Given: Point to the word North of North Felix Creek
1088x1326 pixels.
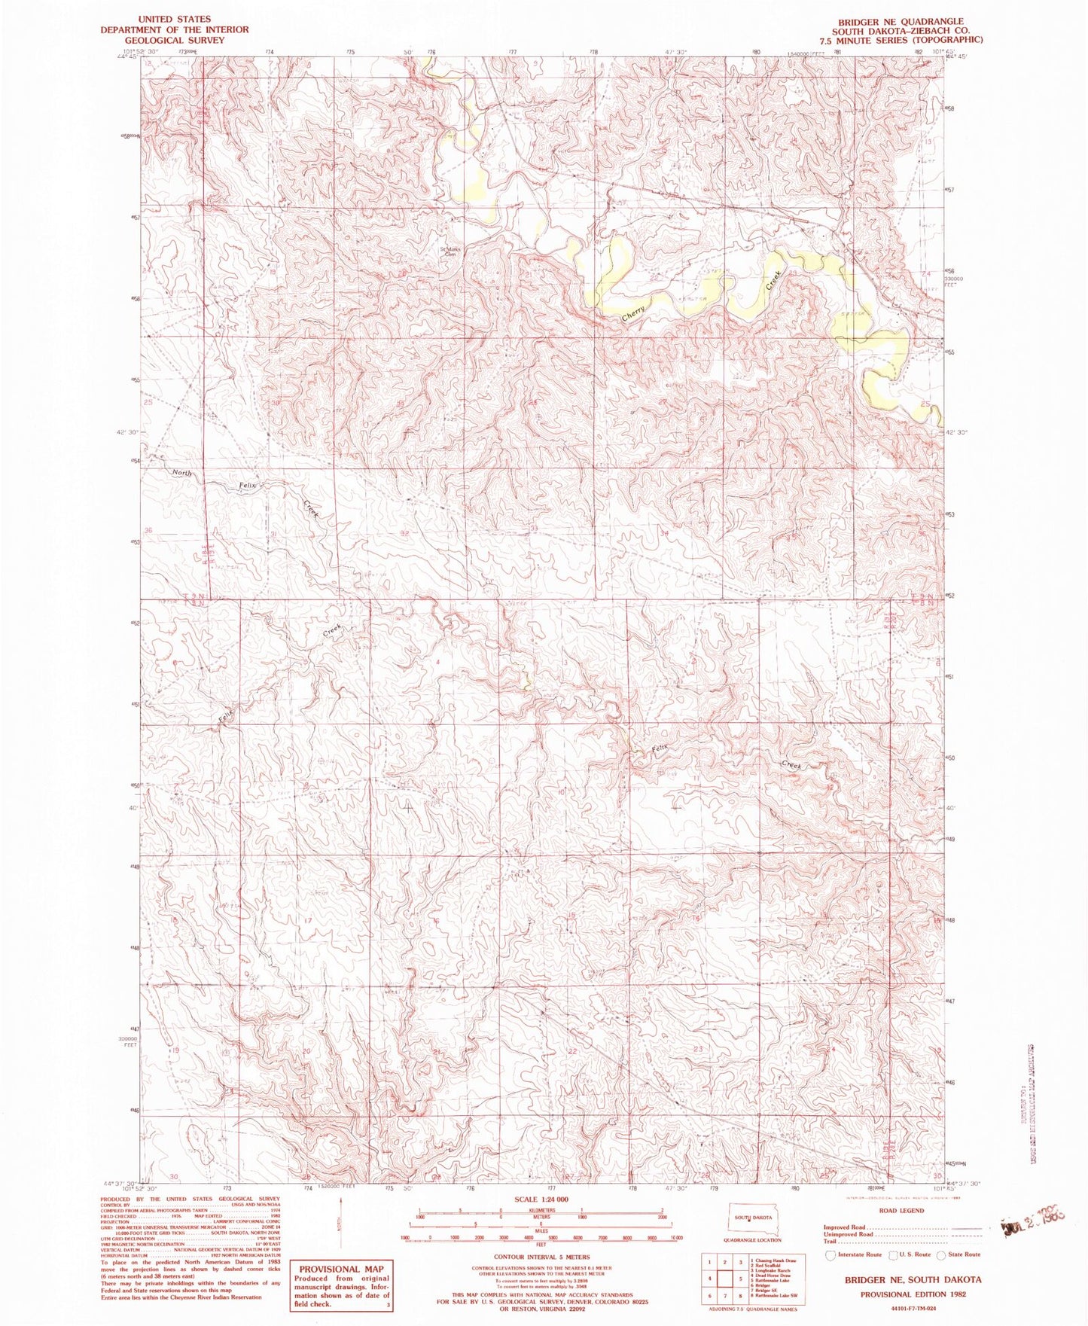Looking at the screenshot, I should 181,474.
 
